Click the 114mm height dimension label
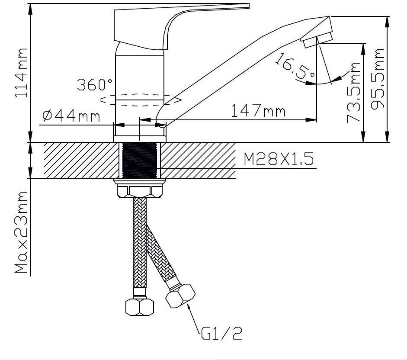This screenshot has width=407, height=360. [21, 73]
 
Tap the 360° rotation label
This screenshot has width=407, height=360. [95, 85]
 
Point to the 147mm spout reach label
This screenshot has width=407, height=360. [258, 111]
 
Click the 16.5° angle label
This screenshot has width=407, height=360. [295, 66]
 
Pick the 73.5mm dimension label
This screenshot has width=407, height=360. [354, 93]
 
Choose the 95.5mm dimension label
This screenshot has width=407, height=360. [377, 79]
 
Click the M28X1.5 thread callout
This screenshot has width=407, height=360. [279, 159]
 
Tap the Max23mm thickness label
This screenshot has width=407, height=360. [21, 232]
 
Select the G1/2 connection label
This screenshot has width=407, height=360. [222, 333]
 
